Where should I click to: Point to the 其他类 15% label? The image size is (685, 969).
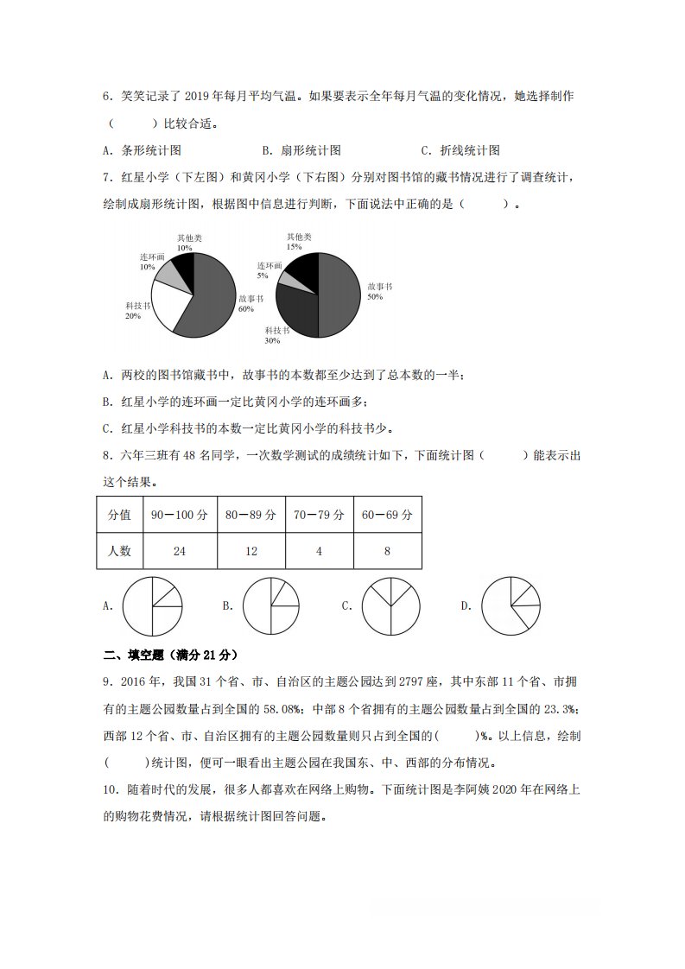tap(299, 241)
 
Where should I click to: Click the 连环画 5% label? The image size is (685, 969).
tap(269, 270)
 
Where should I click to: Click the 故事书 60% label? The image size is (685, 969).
tap(250, 303)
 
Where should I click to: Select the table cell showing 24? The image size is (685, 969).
tap(180, 551)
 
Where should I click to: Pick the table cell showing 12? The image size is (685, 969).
tap(251, 551)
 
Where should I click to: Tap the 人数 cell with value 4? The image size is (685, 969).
tap(319, 551)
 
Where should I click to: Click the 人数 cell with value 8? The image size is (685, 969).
tap(387, 551)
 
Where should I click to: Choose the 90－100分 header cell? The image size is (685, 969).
tap(180, 515)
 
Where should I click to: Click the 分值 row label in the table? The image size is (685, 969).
tap(119, 515)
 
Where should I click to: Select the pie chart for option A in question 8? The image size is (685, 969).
tap(153, 606)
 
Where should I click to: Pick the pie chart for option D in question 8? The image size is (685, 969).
tap(511, 606)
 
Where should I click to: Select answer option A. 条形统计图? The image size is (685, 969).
tap(142, 150)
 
